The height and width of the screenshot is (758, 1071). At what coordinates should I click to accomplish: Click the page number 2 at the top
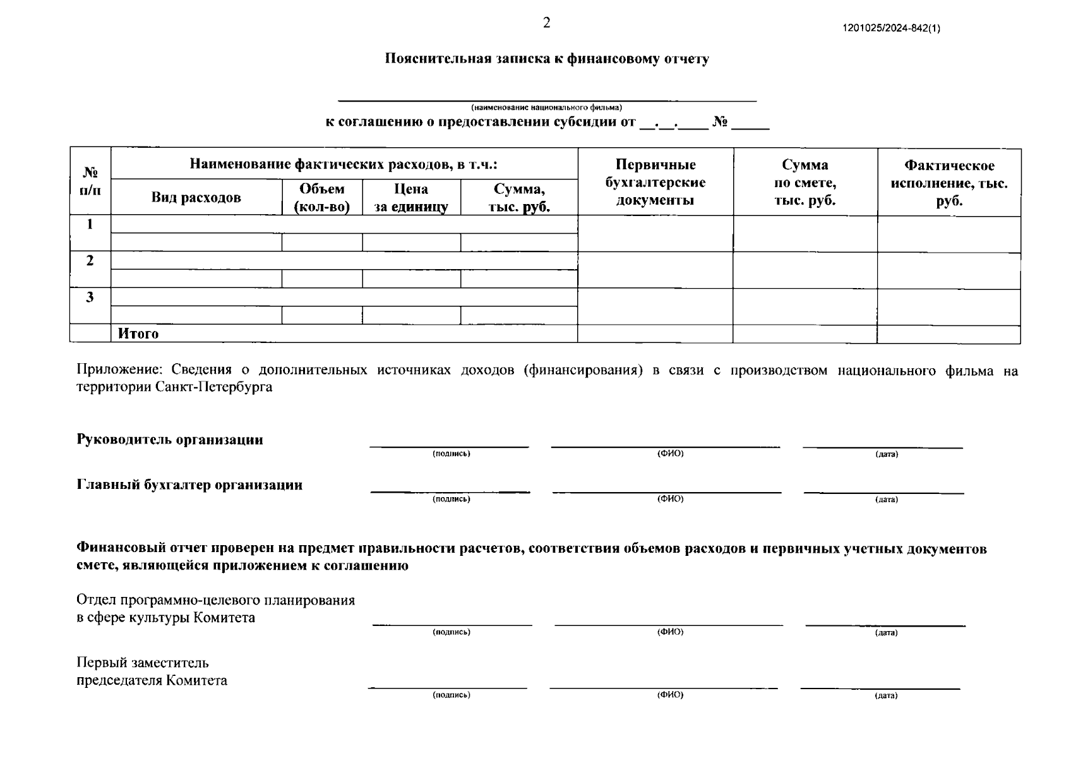pyautogui.click(x=546, y=23)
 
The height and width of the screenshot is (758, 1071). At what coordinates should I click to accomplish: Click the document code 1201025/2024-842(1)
pyautogui.click(x=891, y=28)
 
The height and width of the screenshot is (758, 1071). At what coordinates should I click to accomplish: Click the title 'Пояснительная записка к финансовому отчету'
pyautogui.click(x=547, y=59)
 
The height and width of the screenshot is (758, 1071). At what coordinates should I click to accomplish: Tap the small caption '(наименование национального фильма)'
pyautogui.click(x=546, y=107)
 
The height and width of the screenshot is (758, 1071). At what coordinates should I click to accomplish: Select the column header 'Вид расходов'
pyautogui.click(x=196, y=198)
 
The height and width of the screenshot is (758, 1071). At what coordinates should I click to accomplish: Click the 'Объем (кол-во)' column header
pyautogui.click(x=322, y=198)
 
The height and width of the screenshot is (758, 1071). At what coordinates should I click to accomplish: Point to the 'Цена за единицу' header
pyautogui.click(x=411, y=198)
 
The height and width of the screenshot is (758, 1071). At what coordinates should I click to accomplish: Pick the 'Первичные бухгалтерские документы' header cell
pyautogui.click(x=655, y=183)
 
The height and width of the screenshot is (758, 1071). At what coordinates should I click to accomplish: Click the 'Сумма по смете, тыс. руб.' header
pyautogui.click(x=805, y=183)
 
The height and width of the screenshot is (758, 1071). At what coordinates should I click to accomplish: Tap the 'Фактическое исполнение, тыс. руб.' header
pyautogui.click(x=948, y=183)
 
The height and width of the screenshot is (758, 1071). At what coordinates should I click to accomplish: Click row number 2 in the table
pyautogui.click(x=90, y=260)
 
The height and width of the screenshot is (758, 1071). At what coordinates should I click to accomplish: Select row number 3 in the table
pyautogui.click(x=90, y=297)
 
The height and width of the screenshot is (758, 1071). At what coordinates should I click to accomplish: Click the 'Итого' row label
pyautogui.click(x=138, y=334)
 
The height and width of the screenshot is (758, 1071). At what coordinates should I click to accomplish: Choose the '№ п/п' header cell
pyautogui.click(x=90, y=181)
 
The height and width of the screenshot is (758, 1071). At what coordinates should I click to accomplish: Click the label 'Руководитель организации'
pyautogui.click(x=170, y=440)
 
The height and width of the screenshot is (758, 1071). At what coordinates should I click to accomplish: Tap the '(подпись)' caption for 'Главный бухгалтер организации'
pyautogui.click(x=451, y=499)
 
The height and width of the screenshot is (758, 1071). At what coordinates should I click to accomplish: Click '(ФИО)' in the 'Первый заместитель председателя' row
pyautogui.click(x=670, y=695)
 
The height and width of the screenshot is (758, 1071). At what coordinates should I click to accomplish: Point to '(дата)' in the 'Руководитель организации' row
pyautogui.click(x=886, y=454)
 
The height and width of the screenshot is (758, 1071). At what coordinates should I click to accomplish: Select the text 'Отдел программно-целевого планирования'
pyautogui.click(x=215, y=600)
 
